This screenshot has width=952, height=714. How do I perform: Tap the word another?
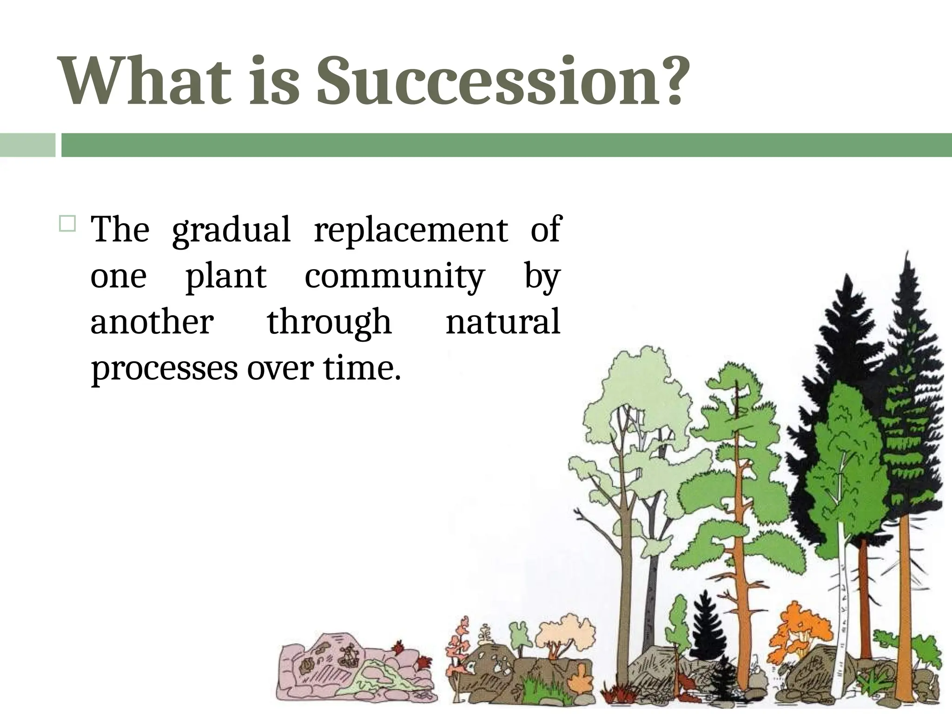click(x=152, y=322)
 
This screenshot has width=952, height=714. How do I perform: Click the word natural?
click(x=502, y=322)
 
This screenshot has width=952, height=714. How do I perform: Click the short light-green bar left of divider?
click(x=27, y=145)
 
